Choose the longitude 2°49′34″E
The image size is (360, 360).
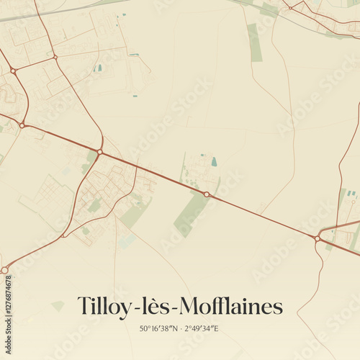click(202, 329)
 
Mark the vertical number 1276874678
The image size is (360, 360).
click(9, 309)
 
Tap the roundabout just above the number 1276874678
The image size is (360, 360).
click(4, 270)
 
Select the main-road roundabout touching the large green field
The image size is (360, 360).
click(207, 194)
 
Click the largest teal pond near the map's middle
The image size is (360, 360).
click(214, 162)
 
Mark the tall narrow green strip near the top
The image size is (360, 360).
click(255, 42)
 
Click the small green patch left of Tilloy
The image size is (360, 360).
click(58, 305)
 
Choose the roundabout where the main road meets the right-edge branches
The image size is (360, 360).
click(317, 238)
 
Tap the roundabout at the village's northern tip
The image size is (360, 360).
click(99, 152)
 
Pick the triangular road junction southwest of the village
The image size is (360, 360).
click(63, 235)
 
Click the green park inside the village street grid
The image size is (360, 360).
click(94, 206)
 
